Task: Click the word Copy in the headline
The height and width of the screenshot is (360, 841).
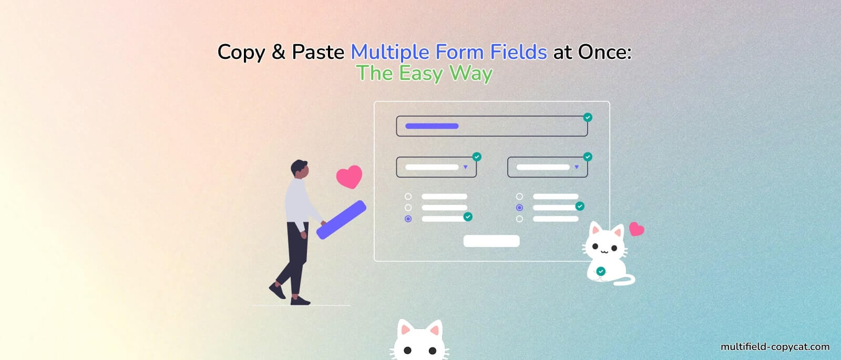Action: pyautogui.click(x=241, y=53)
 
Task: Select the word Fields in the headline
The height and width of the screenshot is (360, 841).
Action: pyautogui.click(x=518, y=52)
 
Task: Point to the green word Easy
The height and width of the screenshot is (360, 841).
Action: pyautogui.click(x=420, y=74)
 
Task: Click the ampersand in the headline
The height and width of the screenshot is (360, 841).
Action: pyautogui.click(x=278, y=52)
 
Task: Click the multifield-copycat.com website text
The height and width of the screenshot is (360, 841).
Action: pyautogui.click(x=775, y=347)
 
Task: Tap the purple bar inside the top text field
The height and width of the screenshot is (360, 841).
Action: pyautogui.click(x=432, y=126)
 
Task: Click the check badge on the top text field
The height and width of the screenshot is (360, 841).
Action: pyautogui.click(x=588, y=117)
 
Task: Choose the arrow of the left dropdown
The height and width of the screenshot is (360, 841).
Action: pyautogui.click(x=465, y=167)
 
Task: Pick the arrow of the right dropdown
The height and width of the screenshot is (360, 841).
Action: pyautogui.click(x=577, y=167)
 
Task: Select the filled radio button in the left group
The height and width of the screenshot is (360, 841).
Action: pyautogui.click(x=408, y=219)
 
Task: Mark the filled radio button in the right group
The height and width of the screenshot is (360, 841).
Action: pyautogui.click(x=519, y=208)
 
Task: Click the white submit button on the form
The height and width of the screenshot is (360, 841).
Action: pyautogui.click(x=491, y=241)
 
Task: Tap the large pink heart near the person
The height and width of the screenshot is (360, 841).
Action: pyautogui.click(x=350, y=177)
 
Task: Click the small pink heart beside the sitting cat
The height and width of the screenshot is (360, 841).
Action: pyautogui.click(x=637, y=229)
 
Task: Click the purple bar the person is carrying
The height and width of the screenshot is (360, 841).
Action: pyautogui.click(x=341, y=220)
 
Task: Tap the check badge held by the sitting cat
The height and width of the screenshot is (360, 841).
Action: pyautogui.click(x=601, y=271)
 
